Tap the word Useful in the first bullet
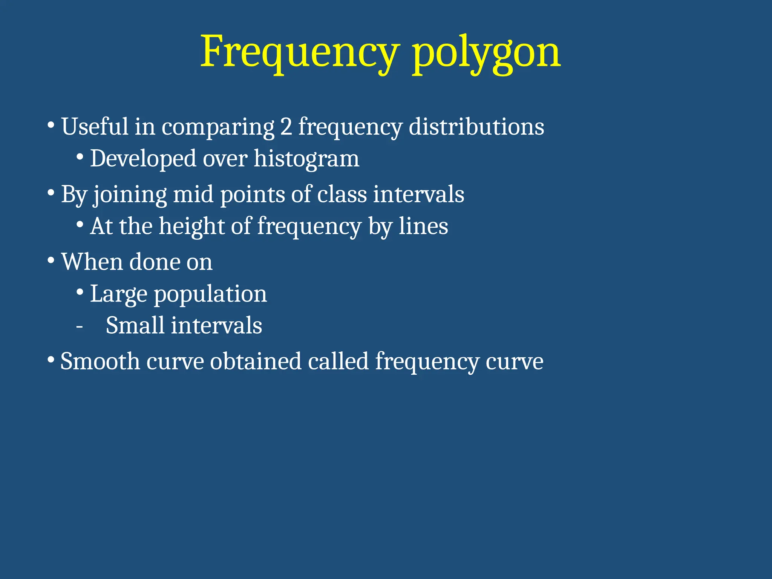pyautogui.click(x=95, y=127)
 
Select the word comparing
pyautogui.click(x=218, y=127)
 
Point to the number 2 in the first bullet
pyautogui.click(x=286, y=127)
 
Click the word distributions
pyautogui.click(x=476, y=127)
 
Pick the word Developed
pyautogui.click(x=143, y=159)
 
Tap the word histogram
pyautogui.click(x=306, y=159)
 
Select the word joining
pyautogui.click(x=130, y=195)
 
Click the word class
pyautogui.click(x=342, y=195)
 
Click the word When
pyautogui.click(x=92, y=262)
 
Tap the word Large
pyautogui.click(x=118, y=294)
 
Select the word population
pyautogui.click(x=210, y=294)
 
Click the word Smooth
pyautogui.click(x=100, y=361)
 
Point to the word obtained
pyautogui.click(x=256, y=361)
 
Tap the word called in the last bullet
pyautogui.click(x=338, y=361)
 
